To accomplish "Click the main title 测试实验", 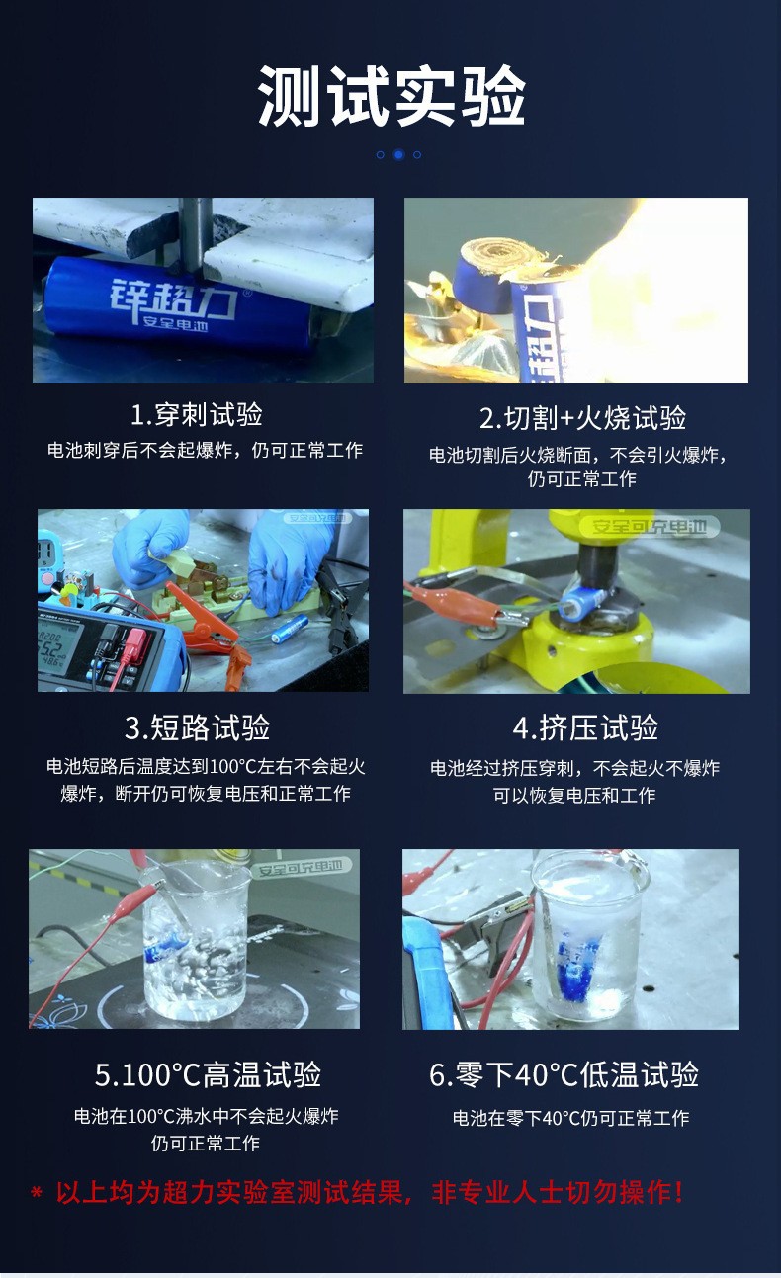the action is click(391, 95).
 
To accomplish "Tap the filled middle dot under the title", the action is click(398, 154).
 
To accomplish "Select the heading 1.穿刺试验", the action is click(197, 415).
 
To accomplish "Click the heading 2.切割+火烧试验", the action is click(582, 418).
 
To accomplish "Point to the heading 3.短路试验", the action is click(198, 728).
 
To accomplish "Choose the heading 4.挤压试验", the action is click(585, 728).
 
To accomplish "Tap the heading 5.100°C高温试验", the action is click(208, 1074).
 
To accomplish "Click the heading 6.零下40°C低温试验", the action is click(564, 1074).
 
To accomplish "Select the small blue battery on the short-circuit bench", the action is click(289, 630).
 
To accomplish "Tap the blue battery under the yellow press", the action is click(582, 601).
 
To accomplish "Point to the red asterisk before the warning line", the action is click(36, 1192).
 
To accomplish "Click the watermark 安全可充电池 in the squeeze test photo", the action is click(650, 526).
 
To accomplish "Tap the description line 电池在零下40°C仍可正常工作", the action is click(570, 1117).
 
